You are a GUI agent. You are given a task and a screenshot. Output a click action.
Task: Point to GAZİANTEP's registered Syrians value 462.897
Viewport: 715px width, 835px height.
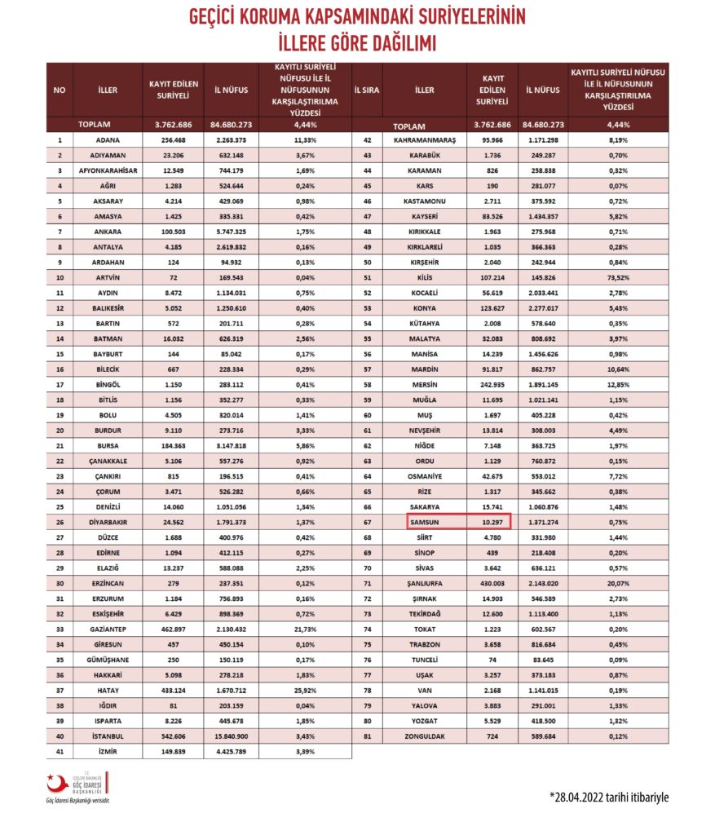[x=172, y=630]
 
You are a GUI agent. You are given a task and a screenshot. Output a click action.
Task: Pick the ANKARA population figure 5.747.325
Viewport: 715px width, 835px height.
[x=231, y=232]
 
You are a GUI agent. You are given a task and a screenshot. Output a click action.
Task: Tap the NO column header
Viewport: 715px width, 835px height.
[x=60, y=91]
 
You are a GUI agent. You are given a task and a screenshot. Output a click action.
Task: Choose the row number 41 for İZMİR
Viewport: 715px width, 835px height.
[x=60, y=753]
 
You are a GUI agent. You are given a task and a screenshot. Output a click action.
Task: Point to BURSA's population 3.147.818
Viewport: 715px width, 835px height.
[x=231, y=446]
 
